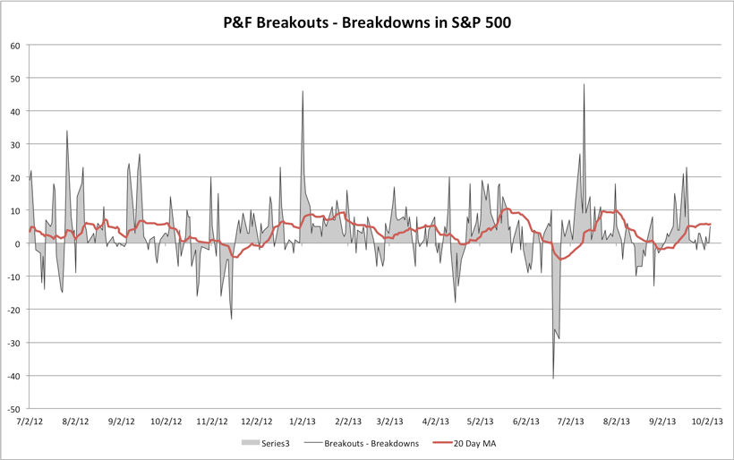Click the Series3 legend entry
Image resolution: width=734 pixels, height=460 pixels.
point(268,443)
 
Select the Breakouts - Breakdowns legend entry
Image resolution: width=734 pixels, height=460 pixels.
point(363,443)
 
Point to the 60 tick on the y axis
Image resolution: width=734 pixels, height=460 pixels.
point(15,46)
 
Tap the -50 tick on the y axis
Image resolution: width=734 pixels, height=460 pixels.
point(13,409)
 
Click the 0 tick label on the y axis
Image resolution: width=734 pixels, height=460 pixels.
point(18,243)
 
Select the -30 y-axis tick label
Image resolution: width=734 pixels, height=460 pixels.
point(13,343)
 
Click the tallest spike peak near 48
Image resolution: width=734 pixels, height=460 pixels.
point(584,85)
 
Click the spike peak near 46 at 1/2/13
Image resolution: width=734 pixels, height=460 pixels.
point(303,91)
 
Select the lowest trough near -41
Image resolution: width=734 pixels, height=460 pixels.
point(553,378)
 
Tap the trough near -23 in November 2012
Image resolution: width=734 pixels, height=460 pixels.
point(231,319)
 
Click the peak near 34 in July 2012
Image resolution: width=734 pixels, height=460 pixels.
point(66,132)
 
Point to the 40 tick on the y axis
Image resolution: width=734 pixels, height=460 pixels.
point(15,112)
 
